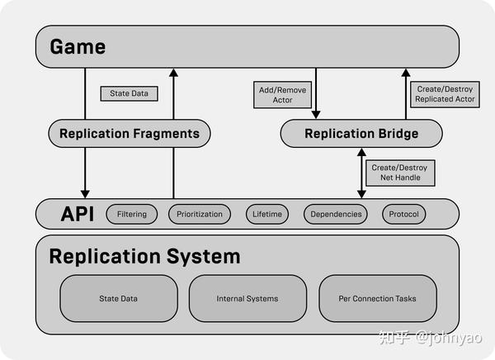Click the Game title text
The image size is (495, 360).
78,46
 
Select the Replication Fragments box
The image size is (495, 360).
130,133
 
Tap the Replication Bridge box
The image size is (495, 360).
361,133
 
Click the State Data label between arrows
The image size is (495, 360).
129,93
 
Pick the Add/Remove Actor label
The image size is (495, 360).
281,93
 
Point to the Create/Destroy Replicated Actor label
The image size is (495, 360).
445,93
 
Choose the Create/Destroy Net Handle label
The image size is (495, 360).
401,172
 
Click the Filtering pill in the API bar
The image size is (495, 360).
132,214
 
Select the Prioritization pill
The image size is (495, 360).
200,214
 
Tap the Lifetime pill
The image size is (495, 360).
267,214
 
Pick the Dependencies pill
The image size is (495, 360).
336,214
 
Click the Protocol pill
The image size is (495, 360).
403,214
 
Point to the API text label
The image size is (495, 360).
77,214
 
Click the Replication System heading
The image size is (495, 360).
144,256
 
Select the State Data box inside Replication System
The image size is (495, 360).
119,298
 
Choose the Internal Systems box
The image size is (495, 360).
247,298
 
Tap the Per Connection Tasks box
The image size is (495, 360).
377,298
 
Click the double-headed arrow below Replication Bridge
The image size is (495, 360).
361,172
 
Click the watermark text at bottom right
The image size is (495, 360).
431,337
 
